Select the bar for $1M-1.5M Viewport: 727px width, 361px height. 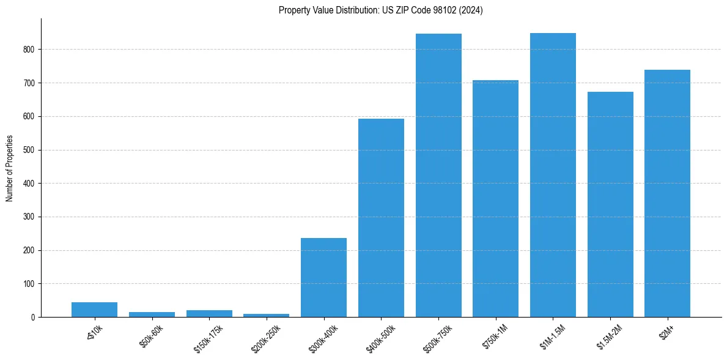pyautogui.click(x=553, y=175)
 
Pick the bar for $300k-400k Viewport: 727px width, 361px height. pyautogui.click(x=324, y=278)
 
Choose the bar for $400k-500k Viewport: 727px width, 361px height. pyautogui.click(x=381, y=218)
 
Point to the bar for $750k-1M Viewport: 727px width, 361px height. pyautogui.click(x=495, y=199)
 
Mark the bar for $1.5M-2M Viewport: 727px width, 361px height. pyautogui.click(x=610, y=204)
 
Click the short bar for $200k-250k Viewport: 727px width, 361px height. pyautogui.click(x=267, y=315)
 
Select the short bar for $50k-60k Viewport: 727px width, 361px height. pyautogui.click(x=152, y=314)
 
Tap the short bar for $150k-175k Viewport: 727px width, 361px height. pyautogui.click(x=209, y=314)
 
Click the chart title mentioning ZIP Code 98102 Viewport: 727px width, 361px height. pyautogui.click(x=380, y=10)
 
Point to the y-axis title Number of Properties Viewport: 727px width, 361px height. pyautogui.click(x=10, y=168)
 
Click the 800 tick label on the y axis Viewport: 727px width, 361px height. pyautogui.click(x=29, y=50)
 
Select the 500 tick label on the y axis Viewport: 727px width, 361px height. pyautogui.click(x=29, y=150)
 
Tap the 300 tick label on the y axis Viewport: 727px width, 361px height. pyautogui.click(x=29, y=217)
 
